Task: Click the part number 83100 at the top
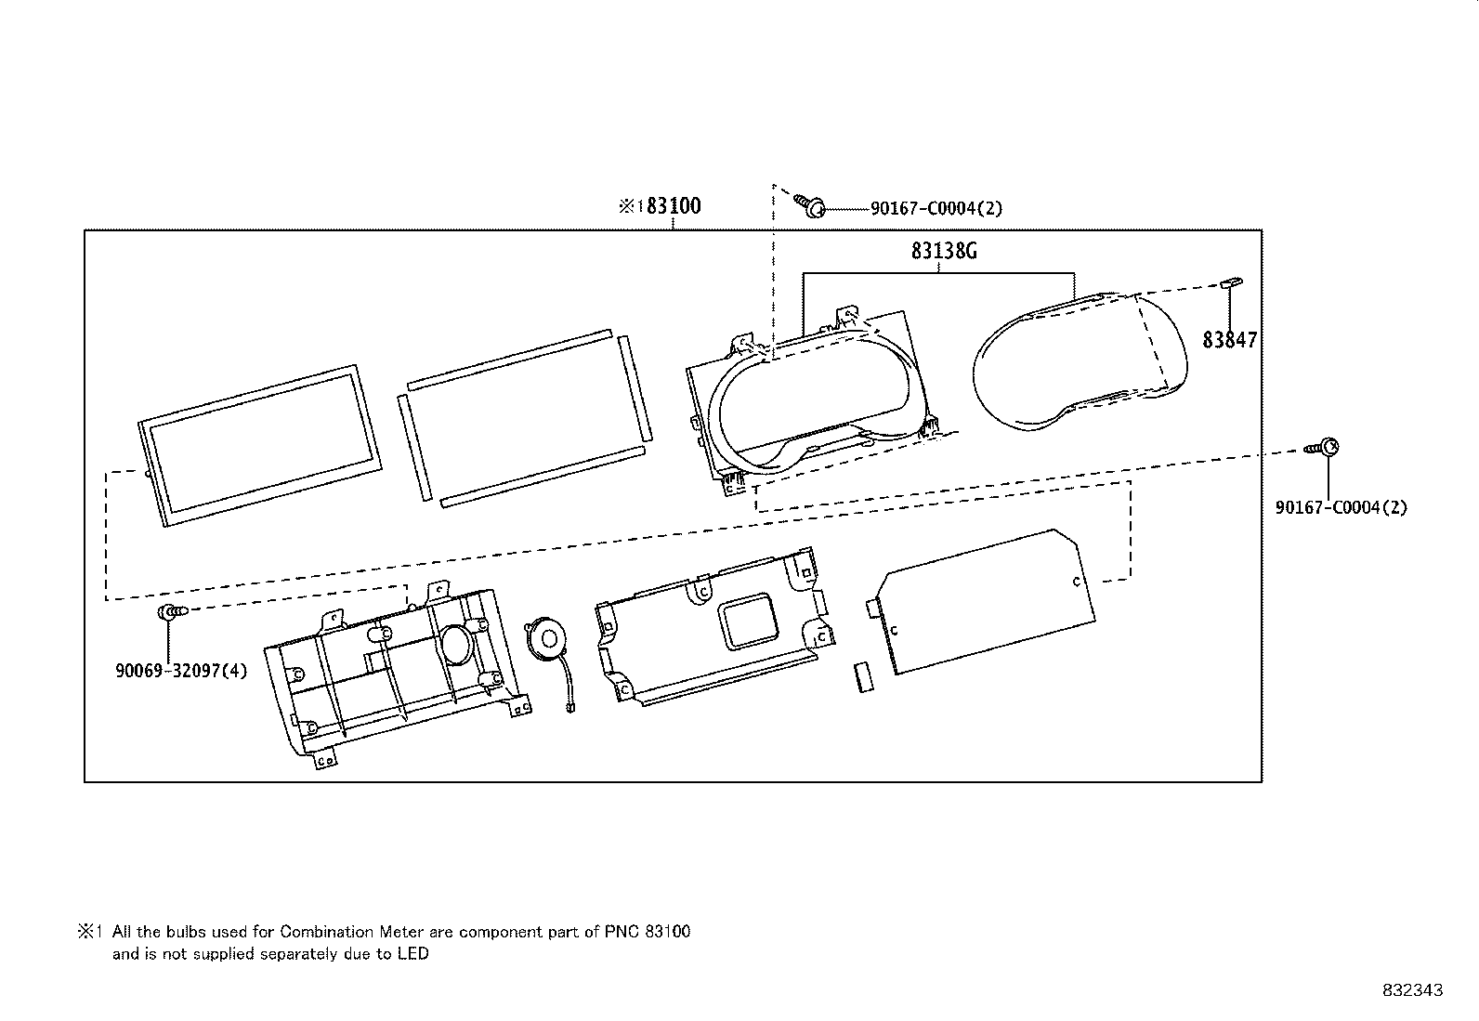[x=674, y=206]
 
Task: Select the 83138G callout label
[x=944, y=251]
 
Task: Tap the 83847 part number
[x=1229, y=339]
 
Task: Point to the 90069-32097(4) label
[x=181, y=671]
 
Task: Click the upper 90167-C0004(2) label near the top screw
[x=936, y=208]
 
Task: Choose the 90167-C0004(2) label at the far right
[x=1341, y=507]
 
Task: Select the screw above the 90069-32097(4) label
[x=173, y=612]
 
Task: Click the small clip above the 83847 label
[x=1231, y=282]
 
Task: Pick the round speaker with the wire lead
[x=546, y=638]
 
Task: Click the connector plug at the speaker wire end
[x=570, y=707]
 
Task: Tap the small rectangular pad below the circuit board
[x=864, y=677]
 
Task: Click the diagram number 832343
[x=1413, y=990]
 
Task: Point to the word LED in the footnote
[x=413, y=953]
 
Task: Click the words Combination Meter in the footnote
[x=351, y=932]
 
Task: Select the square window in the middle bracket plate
[x=747, y=621]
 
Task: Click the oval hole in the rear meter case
[x=456, y=645]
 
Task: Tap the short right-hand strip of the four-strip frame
[x=635, y=387]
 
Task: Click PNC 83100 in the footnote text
[x=647, y=932]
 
